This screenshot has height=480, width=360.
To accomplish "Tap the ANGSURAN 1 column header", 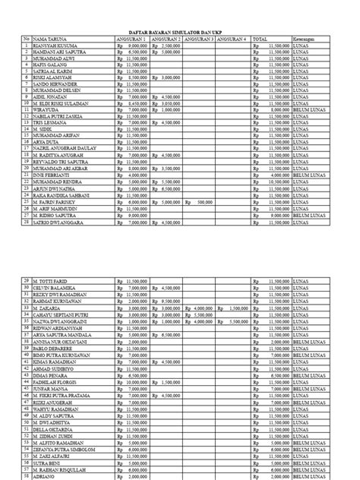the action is point(132,38).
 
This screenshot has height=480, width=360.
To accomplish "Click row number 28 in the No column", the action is point(25,223).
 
